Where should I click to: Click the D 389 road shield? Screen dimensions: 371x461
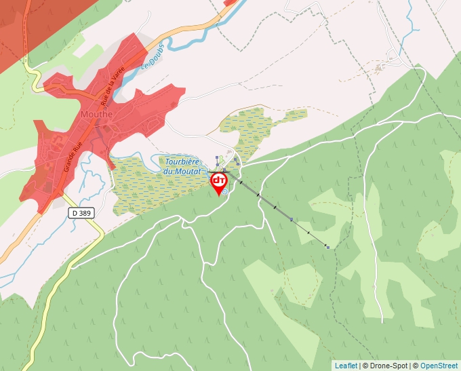point(81,212)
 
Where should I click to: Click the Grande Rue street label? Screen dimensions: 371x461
point(73,155)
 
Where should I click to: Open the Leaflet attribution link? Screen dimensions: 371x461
point(346,366)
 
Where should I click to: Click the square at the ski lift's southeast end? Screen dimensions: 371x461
point(327,248)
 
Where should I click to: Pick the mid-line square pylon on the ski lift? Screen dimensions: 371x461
point(291,219)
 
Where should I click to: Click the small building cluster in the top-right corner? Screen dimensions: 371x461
point(380,66)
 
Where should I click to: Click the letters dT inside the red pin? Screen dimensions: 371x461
point(219,180)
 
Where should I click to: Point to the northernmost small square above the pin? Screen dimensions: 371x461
point(217,157)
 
